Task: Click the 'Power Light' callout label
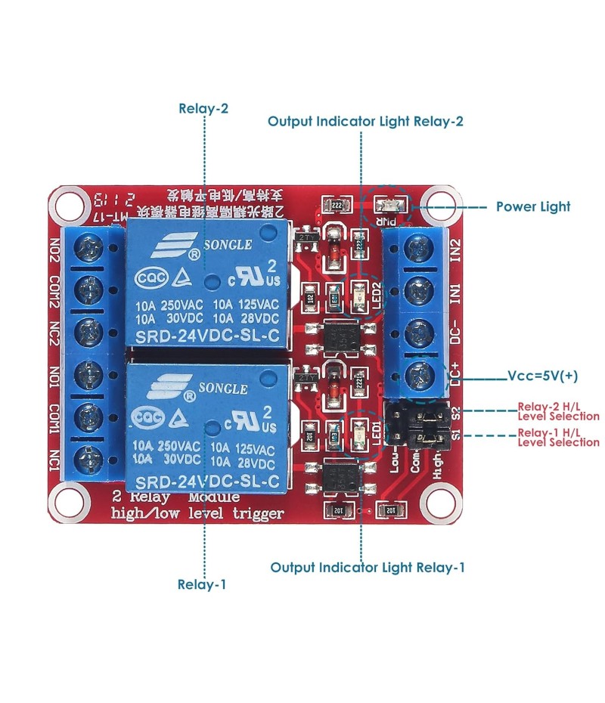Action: click(532, 206)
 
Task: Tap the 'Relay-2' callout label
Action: click(203, 108)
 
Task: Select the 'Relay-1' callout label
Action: click(201, 584)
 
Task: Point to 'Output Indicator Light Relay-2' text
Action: click(365, 121)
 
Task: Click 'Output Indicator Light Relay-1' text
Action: click(368, 567)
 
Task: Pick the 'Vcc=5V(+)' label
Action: click(542, 376)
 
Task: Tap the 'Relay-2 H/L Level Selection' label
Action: click(558, 410)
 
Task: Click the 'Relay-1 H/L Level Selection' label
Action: click(558, 437)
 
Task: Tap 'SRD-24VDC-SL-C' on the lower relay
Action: click(206, 479)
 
